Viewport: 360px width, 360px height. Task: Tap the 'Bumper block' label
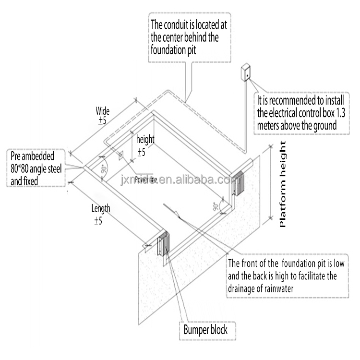[205, 330]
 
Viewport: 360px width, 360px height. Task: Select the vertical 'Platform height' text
[283, 185]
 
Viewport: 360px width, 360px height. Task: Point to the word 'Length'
[101, 208]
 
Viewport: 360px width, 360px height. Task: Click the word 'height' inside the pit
[145, 140]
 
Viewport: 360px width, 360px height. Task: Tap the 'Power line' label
[146, 180]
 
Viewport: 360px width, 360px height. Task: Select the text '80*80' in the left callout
[21, 168]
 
